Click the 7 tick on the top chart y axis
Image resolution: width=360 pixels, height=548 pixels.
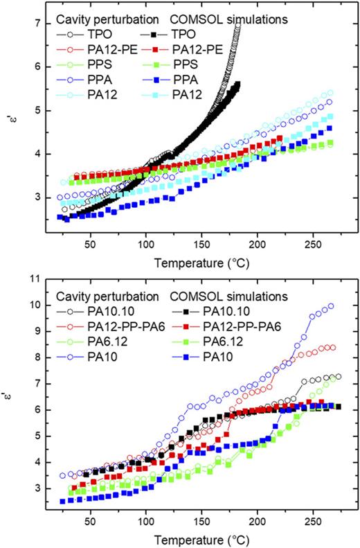pos(36,24)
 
